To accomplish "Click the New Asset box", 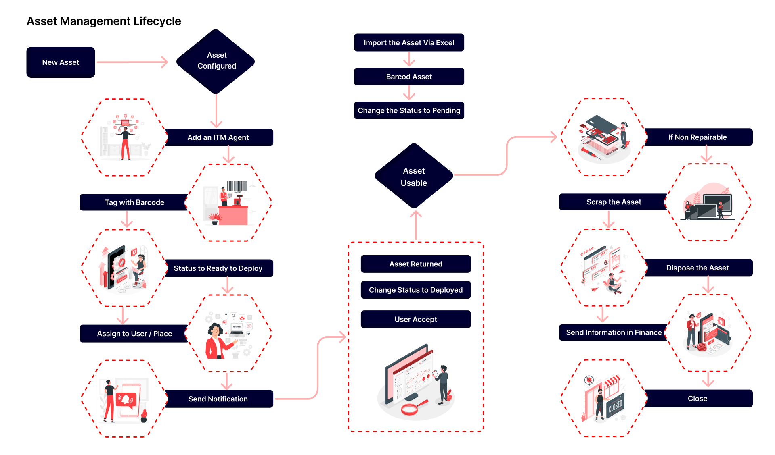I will (x=61, y=62).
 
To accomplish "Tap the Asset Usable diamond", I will (x=414, y=177).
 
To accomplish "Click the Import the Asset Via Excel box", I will (x=409, y=43).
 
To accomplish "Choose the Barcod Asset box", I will (x=409, y=77).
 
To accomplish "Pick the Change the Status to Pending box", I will (x=409, y=110).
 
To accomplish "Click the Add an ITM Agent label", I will (x=218, y=137).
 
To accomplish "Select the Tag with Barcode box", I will (x=134, y=202).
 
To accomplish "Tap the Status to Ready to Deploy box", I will (x=218, y=268).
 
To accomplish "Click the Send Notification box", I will (x=218, y=399).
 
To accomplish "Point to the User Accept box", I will (x=416, y=319).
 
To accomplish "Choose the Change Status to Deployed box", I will (x=416, y=290).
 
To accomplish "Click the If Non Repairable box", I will (x=697, y=137).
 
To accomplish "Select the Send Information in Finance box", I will (x=614, y=332).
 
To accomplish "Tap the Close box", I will (x=697, y=399).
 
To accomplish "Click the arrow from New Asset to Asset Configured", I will (x=132, y=62).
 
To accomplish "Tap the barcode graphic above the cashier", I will (x=237, y=186).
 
